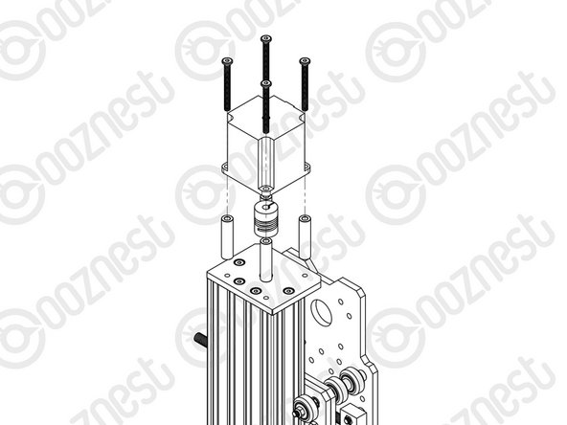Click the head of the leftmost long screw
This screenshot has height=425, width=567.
[x=228, y=60]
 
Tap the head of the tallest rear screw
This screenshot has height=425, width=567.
[x=265, y=38]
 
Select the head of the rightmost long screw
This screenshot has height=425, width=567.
[x=305, y=60]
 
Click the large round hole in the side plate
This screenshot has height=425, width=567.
[x=318, y=311]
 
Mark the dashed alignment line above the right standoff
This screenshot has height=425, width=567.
[x=305, y=196]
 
